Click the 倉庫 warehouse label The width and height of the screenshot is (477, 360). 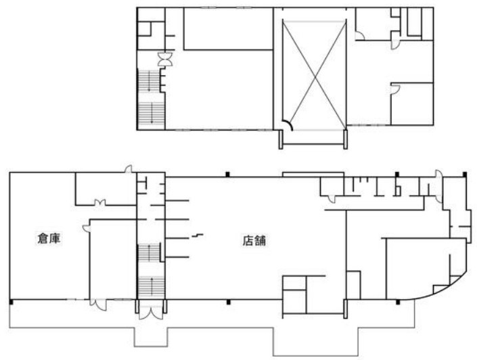pos(49,239)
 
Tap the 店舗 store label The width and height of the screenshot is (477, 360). pos(254,240)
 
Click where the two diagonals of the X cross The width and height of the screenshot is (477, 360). pos(315,75)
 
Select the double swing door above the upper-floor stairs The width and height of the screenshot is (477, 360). pos(165,60)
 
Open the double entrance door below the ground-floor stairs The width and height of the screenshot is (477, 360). pos(151,311)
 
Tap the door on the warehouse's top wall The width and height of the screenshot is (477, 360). pos(129,169)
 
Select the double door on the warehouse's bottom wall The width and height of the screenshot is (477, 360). pos(98,305)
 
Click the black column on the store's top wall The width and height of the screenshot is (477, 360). pos(227,175)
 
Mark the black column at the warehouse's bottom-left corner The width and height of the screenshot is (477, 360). pos(12,302)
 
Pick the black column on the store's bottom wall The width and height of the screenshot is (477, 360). pos(229,302)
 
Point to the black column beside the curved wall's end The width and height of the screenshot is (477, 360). pos(398,302)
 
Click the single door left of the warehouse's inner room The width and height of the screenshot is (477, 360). pos(87,229)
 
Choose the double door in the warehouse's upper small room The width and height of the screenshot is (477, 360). pos(99,203)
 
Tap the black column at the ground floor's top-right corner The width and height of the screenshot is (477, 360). pos(465,175)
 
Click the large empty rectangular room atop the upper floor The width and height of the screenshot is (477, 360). pos(228,28)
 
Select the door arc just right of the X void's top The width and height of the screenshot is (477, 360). pos(360,36)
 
